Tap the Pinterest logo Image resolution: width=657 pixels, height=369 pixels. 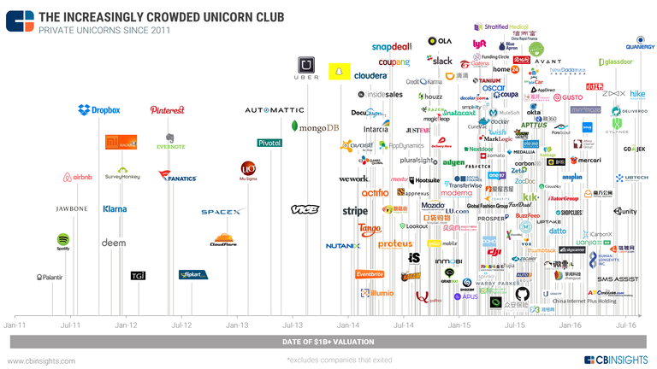(x=168, y=110)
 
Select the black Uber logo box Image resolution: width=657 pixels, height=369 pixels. (x=307, y=67)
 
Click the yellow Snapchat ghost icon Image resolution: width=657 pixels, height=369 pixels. (x=340, y=67)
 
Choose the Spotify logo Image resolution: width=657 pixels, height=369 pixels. (x=63, y=243)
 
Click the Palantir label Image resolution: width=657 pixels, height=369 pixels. (x=50, y=277)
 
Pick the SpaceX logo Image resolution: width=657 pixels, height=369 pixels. (x=223, y=212)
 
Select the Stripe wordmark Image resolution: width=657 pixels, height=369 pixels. (x=355, y=211)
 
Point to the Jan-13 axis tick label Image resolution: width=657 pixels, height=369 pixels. (x=237, y=325)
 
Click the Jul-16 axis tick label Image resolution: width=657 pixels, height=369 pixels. (x=625, y=325)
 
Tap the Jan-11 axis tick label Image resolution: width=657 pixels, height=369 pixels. (x=15, y=325)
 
